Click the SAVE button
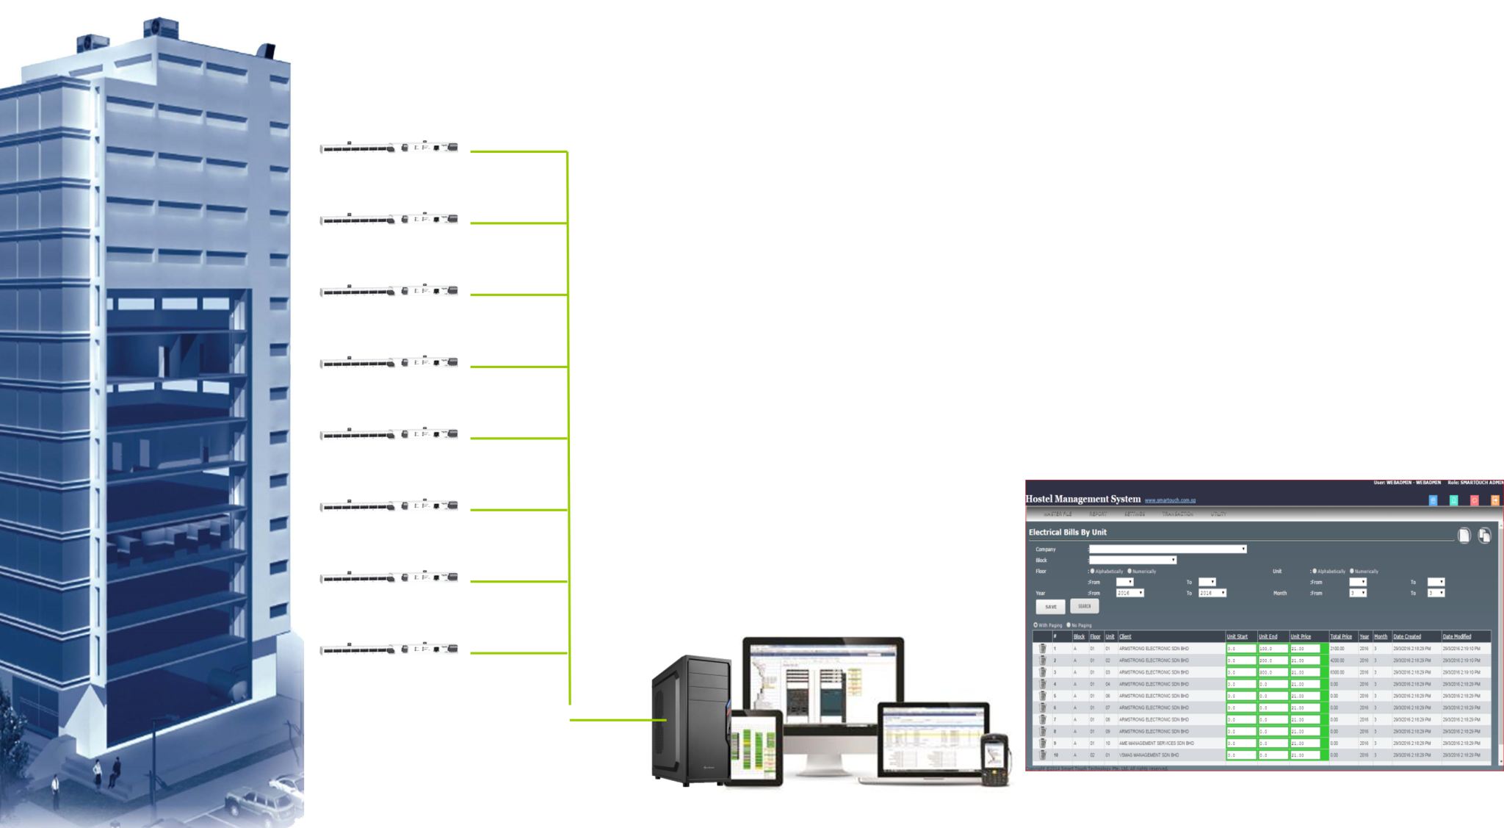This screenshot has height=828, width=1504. coord(1050,607)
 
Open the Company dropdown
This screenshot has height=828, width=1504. coord(1168,549)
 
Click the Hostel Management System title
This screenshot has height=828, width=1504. coord(1082,499)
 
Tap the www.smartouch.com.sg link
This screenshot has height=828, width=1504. coord(1170,501)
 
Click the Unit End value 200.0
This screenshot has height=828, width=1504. coord(1272,660)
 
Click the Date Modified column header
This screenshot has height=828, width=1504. coord(1457,636)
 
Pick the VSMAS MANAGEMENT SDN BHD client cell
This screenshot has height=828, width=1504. coord(1149,755)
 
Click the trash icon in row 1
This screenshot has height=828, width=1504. coord(1042,649)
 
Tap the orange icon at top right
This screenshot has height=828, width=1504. coord(1494,500)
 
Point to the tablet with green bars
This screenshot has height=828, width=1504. coord(754,748)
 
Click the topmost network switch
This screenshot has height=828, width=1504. coord(388,145)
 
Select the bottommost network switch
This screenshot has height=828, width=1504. coord(388,647)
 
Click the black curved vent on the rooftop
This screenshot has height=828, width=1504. coord(265,51)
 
